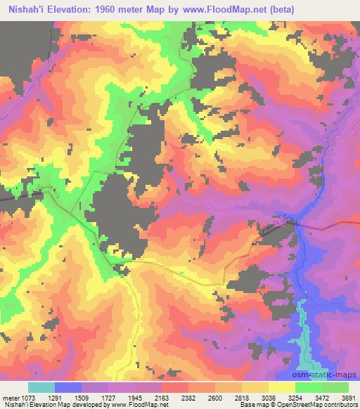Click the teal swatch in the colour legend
(x=41, y=387)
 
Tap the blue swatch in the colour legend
(x=68, y=387)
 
